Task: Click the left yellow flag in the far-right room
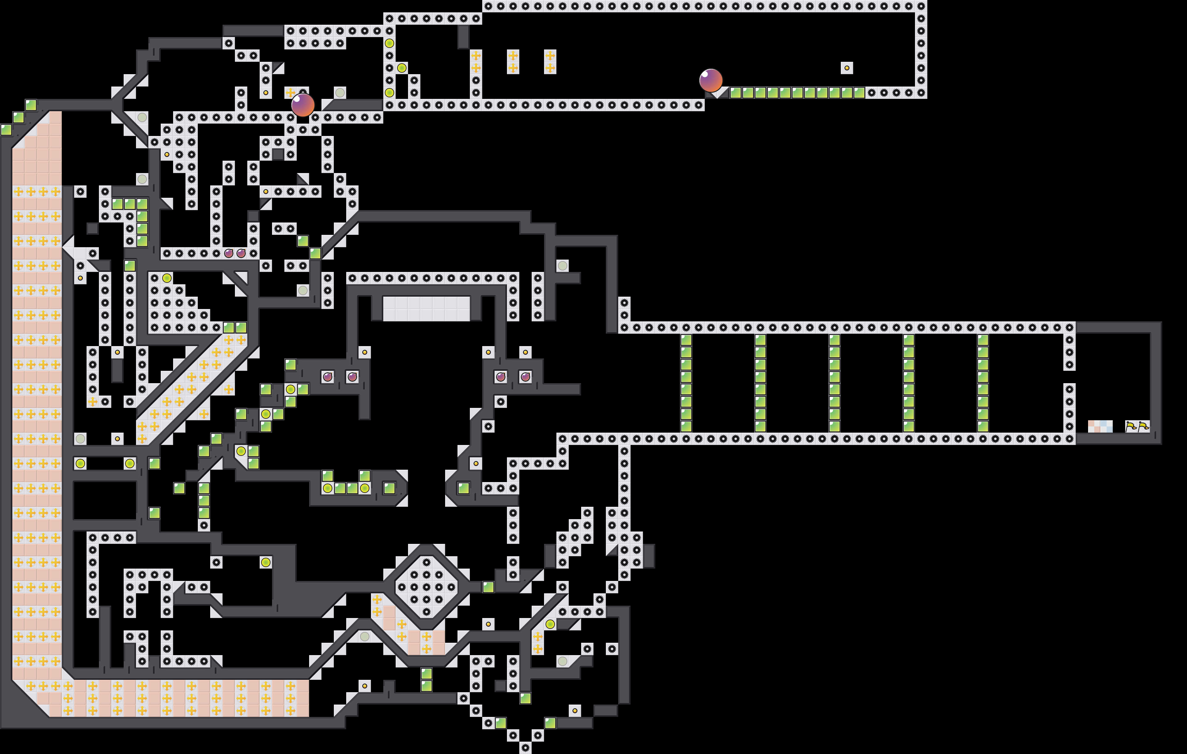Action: tap(1131, 426)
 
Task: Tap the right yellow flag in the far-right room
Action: tap(1144, 426)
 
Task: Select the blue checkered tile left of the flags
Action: tap(1107, 426)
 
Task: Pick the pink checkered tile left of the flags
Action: tap(1094, 426)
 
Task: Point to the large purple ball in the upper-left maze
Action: tap(303, 105)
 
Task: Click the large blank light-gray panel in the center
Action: tap(426, 308)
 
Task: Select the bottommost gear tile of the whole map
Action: tap(525, 748)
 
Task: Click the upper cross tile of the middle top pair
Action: tap(513, 56)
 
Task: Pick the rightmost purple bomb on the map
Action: tap(525, 377)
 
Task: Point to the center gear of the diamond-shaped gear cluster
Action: tap(426, 587)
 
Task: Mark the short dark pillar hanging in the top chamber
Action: tap(463, 37)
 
